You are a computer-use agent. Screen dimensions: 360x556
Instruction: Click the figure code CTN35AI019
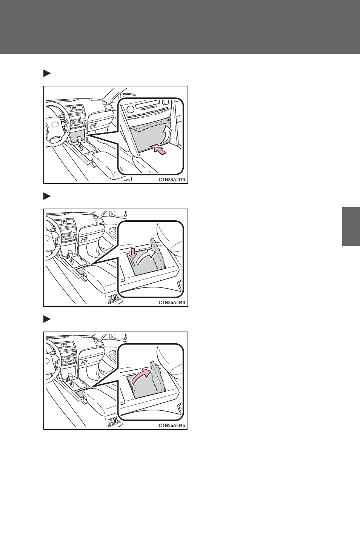point(172,180)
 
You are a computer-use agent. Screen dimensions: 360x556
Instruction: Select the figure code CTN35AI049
point(172,303)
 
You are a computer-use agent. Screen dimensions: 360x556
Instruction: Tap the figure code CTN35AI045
point(172,425)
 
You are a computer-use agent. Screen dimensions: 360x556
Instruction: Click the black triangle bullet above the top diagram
point(47,74)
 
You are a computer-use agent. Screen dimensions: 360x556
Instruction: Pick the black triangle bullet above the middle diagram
point(47,197)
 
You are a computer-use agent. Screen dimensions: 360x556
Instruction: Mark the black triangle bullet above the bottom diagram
point(47,319)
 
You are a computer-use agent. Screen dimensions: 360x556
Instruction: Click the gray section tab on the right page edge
point(351,226)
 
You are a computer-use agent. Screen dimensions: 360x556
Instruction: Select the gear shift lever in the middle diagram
point(71,257)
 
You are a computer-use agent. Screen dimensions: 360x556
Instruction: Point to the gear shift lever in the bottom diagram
point(71,380)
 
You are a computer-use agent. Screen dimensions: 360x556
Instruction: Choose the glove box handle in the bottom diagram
point(85,361)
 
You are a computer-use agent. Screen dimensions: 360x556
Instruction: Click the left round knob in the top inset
point(131,108)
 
